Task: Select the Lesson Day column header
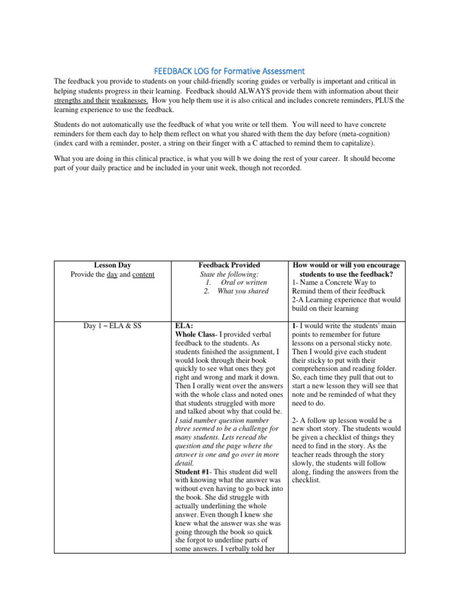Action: click(x=112, y=265)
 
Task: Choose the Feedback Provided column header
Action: click(x=229, y=265)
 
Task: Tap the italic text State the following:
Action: click(x=229, y=274)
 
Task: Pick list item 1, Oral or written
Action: click(x=235, y=283)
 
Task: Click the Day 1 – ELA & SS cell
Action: click(x=112, y=326)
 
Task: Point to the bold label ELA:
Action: click(x=183, y=326)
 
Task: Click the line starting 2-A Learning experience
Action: click(x=345, y=300)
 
